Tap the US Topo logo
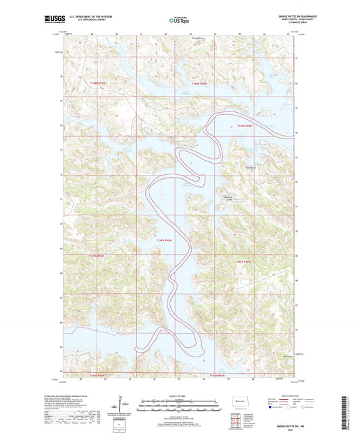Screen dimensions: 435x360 179,21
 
